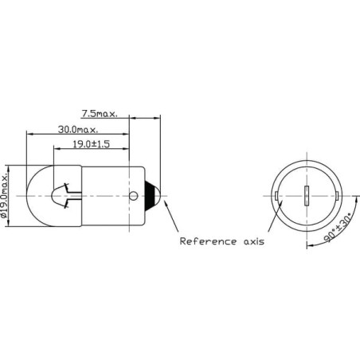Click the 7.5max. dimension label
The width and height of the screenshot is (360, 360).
coord(100,114)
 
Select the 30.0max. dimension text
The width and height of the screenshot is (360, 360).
coord(78,130)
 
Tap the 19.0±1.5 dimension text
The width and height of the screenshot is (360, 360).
coord(91,144)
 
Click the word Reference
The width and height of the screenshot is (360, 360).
coord(208,241)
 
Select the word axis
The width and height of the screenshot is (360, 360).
coord(254,241)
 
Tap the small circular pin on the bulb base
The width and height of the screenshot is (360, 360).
coord(134,196)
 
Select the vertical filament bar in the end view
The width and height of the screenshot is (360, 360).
coord(307,196)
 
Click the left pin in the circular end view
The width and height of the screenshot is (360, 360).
coord(276,196)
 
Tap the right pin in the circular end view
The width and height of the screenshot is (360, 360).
coord(337,196)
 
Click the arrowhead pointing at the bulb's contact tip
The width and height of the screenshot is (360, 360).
coord(166,203)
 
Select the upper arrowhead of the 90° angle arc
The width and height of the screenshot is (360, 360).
coord(356,200)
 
